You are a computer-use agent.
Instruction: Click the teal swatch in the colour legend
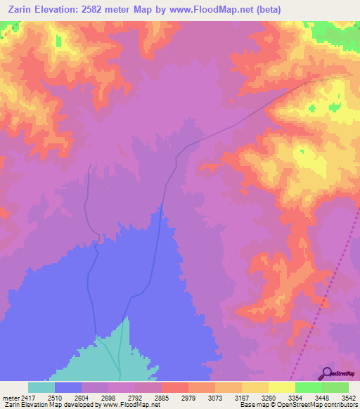click(41, 387)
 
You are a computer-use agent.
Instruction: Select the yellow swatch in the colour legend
click(281, 387)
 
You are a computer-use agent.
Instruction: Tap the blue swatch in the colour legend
click(68, 387)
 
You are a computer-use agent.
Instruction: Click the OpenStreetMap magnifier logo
click(326, 373)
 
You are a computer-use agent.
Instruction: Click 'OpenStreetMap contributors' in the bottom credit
click(315, 405)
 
